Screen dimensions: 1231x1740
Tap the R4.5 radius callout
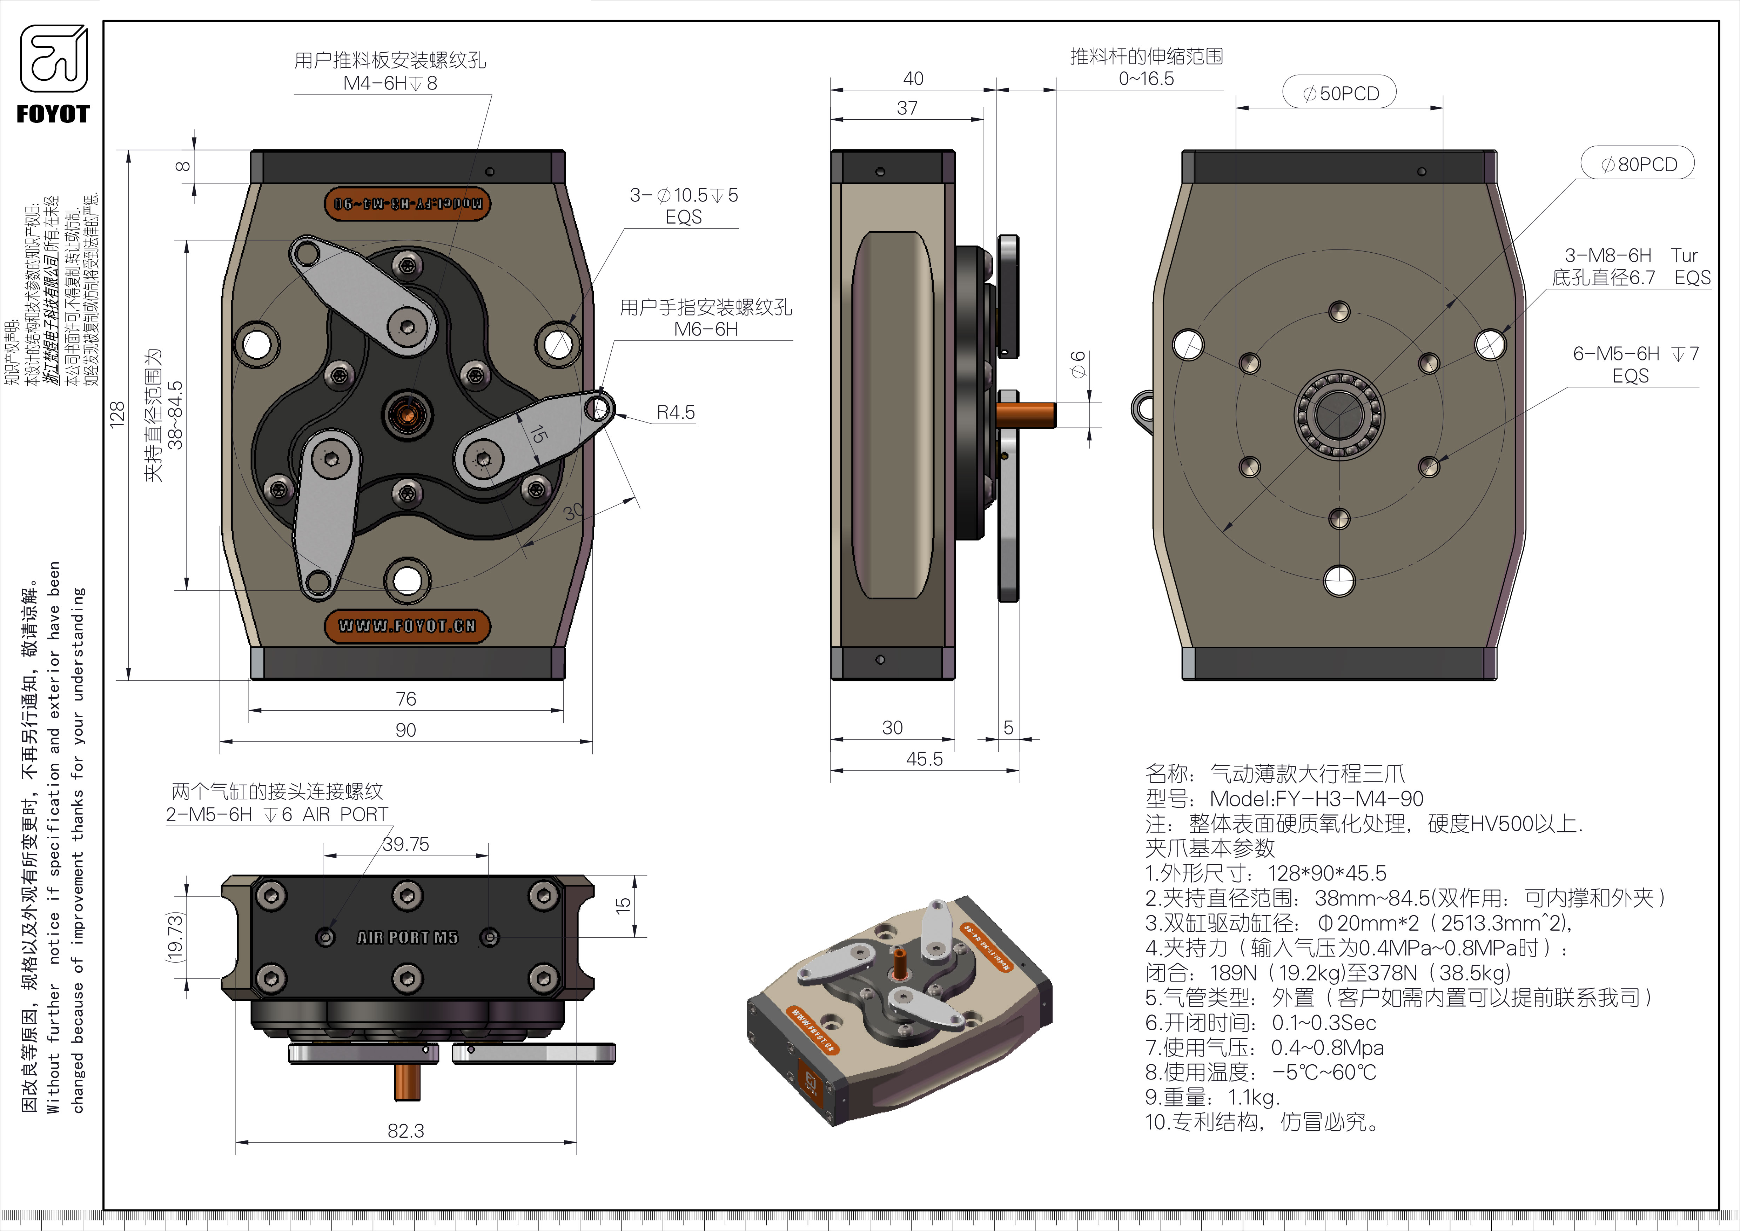click(675, 412)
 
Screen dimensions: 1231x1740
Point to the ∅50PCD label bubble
click(1339, 93)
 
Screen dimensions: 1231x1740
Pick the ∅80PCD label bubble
click(1638, 164)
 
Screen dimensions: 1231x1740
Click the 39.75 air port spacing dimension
click(405, 844)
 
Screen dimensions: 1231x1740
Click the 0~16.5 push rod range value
click(1146, 79)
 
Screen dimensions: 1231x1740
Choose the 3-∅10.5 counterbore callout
click(684, 195)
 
